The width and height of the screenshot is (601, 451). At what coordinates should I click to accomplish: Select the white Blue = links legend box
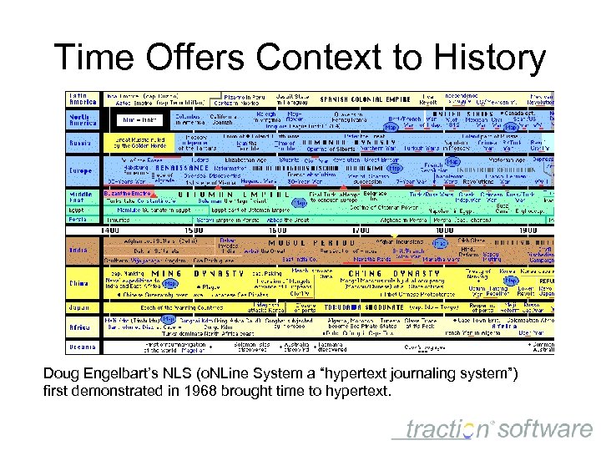[134, 119]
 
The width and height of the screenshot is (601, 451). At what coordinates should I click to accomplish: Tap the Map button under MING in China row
[169, 284]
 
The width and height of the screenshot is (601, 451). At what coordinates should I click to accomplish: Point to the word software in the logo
[547, 429]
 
